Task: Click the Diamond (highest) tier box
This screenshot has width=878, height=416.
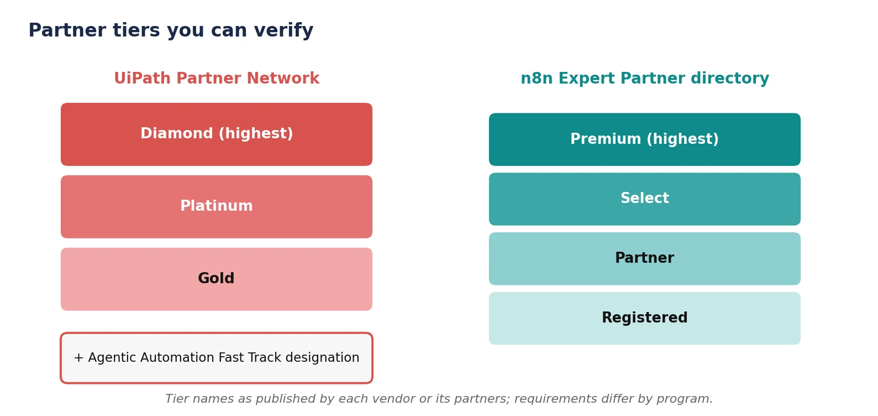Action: point(217,134)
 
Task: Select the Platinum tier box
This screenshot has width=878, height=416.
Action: point(217,206)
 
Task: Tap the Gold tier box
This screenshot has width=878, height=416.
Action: point(217,279)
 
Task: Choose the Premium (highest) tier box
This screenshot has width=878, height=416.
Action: point(644,139)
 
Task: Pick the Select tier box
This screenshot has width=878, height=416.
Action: point(644,199)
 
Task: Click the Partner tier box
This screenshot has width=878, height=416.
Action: point(644,259)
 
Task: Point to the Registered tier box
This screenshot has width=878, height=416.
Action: point(644,318)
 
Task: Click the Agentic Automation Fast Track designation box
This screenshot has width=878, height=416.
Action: point(217,358)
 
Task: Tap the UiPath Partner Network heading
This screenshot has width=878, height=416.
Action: point(217,78)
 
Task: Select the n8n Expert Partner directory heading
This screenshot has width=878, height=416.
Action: point(645,78)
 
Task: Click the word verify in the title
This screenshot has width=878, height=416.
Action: point(283,30)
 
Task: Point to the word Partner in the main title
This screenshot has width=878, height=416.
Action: point(67,30)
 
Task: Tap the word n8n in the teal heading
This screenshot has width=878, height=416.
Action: point(537,78)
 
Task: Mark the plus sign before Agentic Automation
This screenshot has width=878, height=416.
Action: point(78,357)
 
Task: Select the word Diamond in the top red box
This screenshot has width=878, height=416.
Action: point(177,133)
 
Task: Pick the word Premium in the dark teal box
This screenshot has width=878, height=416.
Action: point(606,138)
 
